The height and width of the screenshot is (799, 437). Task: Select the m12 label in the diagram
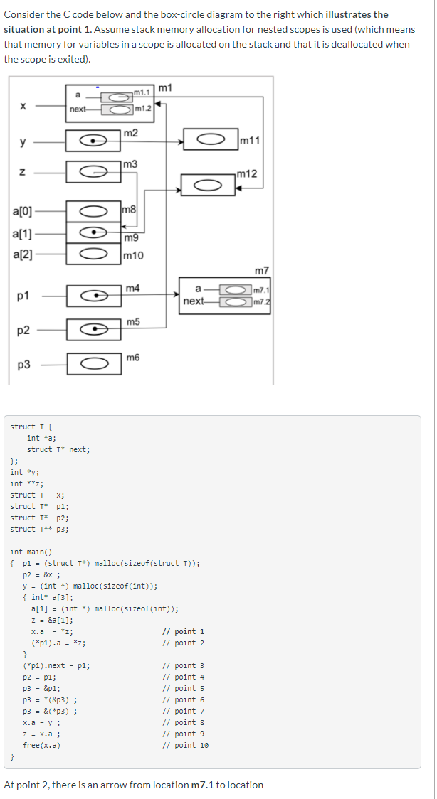(247, 174)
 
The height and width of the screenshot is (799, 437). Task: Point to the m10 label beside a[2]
(133, 255)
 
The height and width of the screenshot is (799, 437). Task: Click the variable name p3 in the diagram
(23, 365)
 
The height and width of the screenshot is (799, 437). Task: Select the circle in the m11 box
(211, 140)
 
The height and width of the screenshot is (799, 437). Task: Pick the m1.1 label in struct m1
(142, 92)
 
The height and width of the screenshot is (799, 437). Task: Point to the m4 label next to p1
(132, 288)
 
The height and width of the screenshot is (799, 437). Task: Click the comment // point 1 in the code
(183, 631)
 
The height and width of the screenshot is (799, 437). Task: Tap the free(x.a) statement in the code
(41, 745)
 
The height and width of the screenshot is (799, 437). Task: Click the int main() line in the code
(31, 552)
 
